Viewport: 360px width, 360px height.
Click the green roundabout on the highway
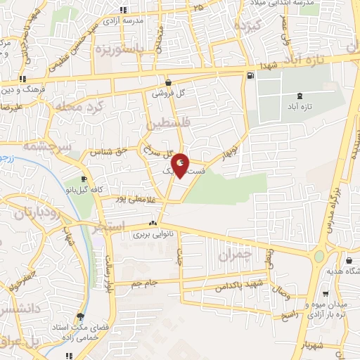tap(321, 257)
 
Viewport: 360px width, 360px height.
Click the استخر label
tap(108, 226)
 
